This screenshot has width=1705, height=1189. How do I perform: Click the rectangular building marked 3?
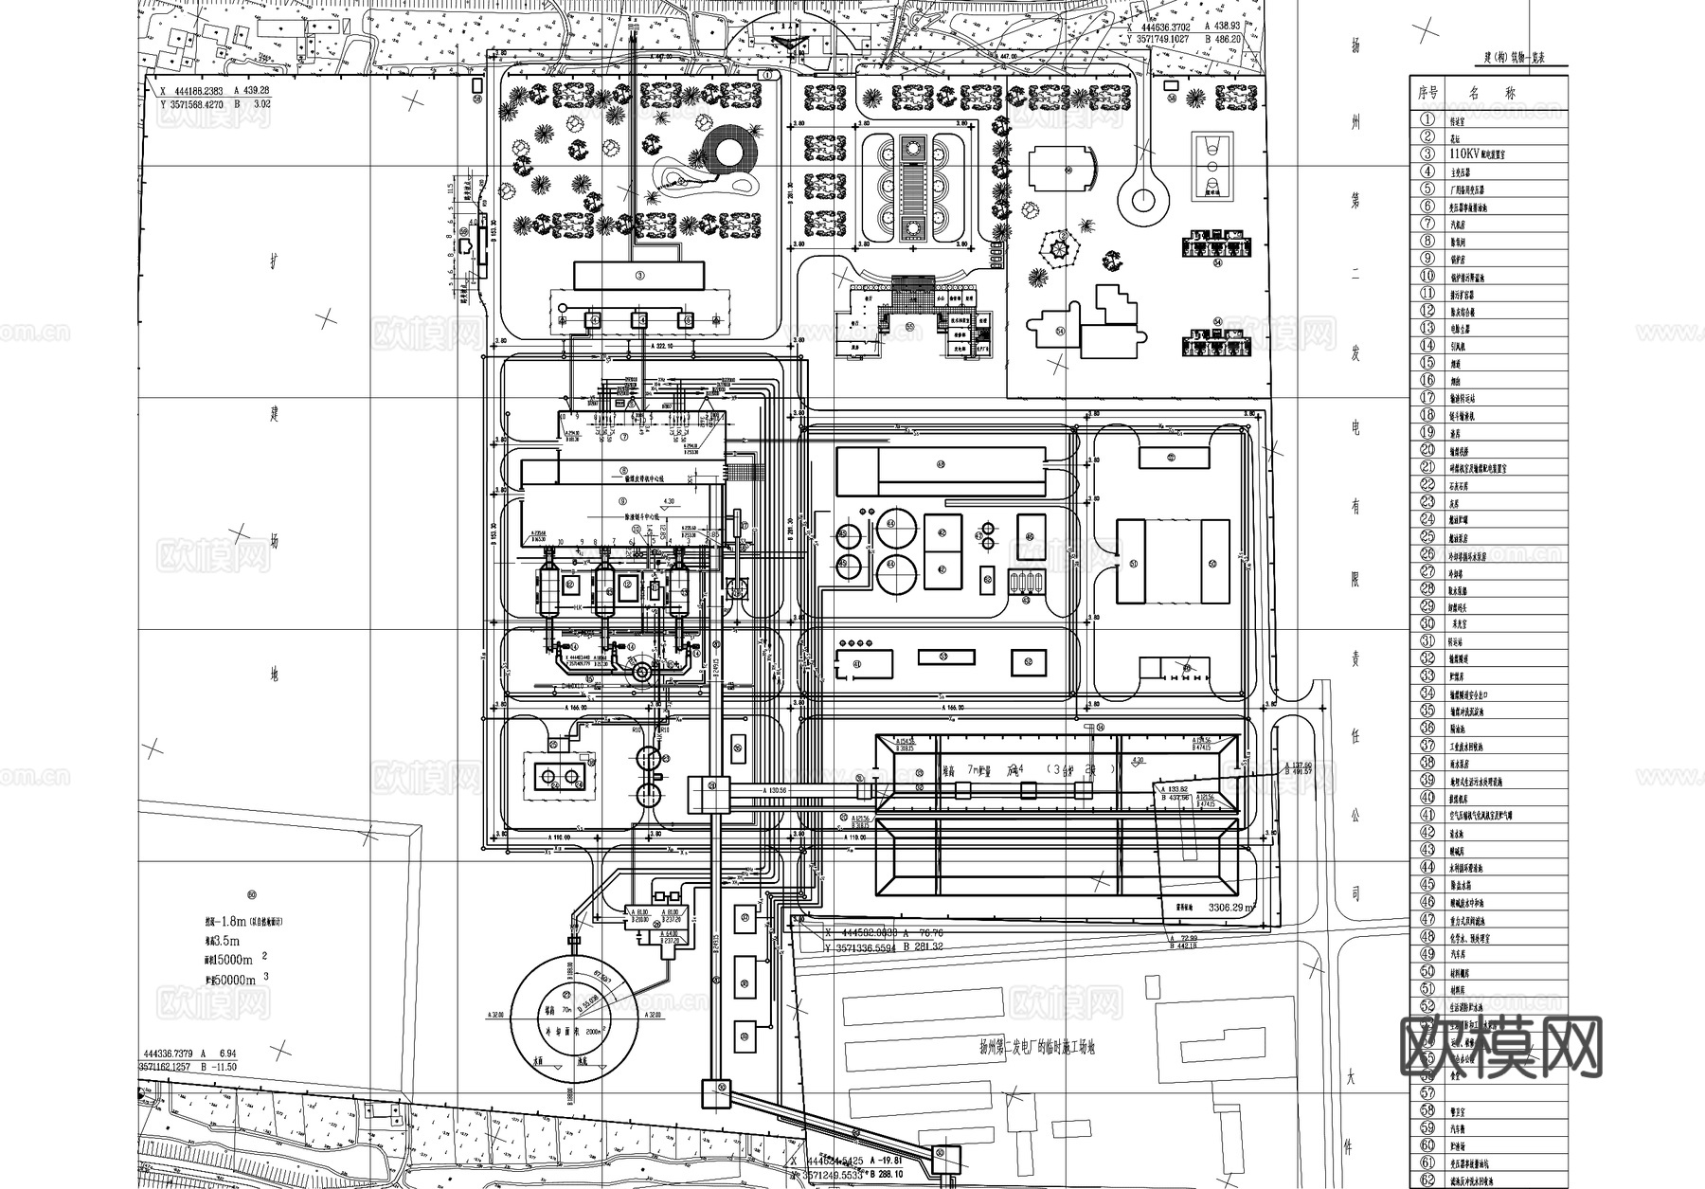(639, 276)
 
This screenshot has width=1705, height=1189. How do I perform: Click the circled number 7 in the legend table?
(1427, 224)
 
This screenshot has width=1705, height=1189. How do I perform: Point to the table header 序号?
(1427, 93)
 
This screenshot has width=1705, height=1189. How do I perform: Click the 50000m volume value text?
(232, 980)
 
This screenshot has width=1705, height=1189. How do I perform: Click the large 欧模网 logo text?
(1500, 1048)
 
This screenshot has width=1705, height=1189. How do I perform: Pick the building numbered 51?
(1135, 562)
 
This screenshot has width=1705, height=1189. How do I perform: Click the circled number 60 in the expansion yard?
(251, 894)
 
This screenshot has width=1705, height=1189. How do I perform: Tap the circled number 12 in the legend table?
(1427, 311)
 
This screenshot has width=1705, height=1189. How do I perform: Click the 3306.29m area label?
(1230, 908)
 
